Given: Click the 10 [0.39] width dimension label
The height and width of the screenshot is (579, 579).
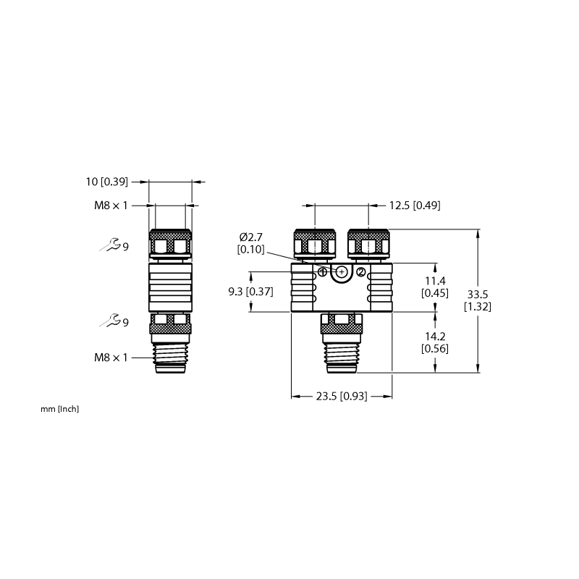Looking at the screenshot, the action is [x=107, y=182].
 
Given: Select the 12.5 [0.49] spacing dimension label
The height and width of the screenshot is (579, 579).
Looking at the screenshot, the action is [x=415, y=206].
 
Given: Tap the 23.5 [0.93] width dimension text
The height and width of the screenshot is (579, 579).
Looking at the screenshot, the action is [x=342, y=396].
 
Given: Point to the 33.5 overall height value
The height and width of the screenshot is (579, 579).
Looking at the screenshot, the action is [x=478, y=295].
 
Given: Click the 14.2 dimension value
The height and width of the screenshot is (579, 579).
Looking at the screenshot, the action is [x=435, y=337].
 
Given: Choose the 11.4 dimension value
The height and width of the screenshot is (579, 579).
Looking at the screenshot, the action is [x=435, y=281].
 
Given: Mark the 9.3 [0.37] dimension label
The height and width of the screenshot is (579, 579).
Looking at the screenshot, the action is [x=250, y=292].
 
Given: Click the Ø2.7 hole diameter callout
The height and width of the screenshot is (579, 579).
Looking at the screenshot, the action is [x=250, y=237].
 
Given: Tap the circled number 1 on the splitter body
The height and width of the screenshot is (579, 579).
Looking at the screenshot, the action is [x=322, y=272].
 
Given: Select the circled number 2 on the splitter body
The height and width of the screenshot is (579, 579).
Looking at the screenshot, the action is [x=360, y=272].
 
